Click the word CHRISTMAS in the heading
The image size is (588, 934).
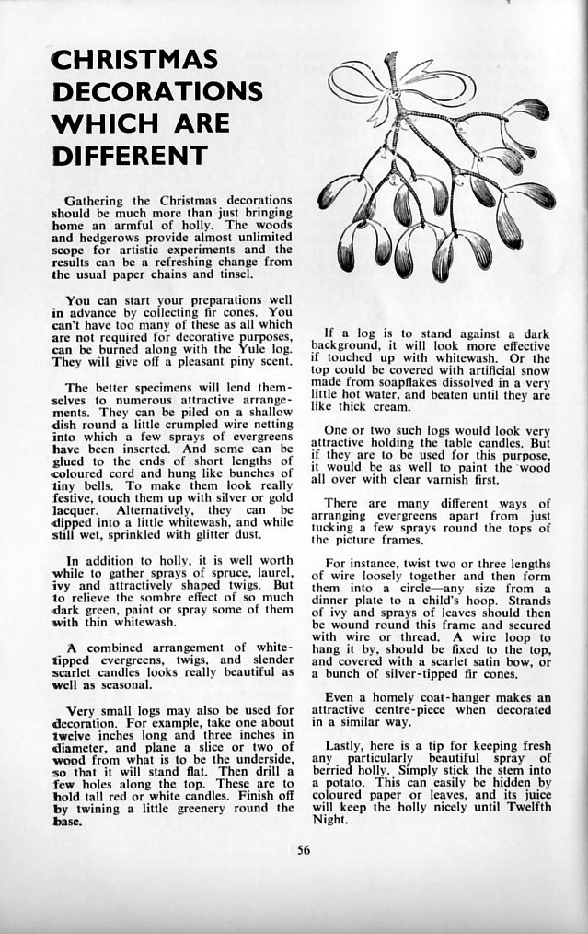(135, 61)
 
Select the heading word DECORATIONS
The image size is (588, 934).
(157, 92)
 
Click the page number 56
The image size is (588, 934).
(304, 850)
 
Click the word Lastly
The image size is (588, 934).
(349, 745)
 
